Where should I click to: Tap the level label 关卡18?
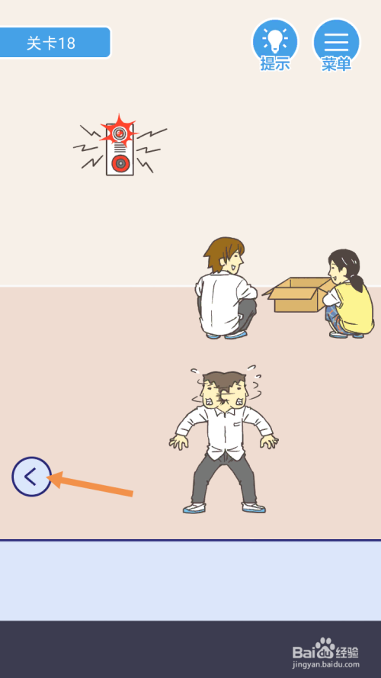(x=51, y=43)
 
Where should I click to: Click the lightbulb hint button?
(x=275, y=43)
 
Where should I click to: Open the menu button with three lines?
(x=337, y=43)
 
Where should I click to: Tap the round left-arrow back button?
(x=31, y=477)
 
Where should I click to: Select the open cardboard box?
(x=299, y=294)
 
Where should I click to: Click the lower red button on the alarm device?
(x=120, y=163)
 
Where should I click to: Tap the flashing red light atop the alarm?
(x=119, y=132)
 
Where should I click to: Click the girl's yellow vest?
(x=354, y=306)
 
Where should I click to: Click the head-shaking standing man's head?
(x=223, y=389)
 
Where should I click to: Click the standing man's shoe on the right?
(x=254, y=508)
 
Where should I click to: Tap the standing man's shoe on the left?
(x=194, y=508)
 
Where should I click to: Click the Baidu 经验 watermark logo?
(x=325, y=648)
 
